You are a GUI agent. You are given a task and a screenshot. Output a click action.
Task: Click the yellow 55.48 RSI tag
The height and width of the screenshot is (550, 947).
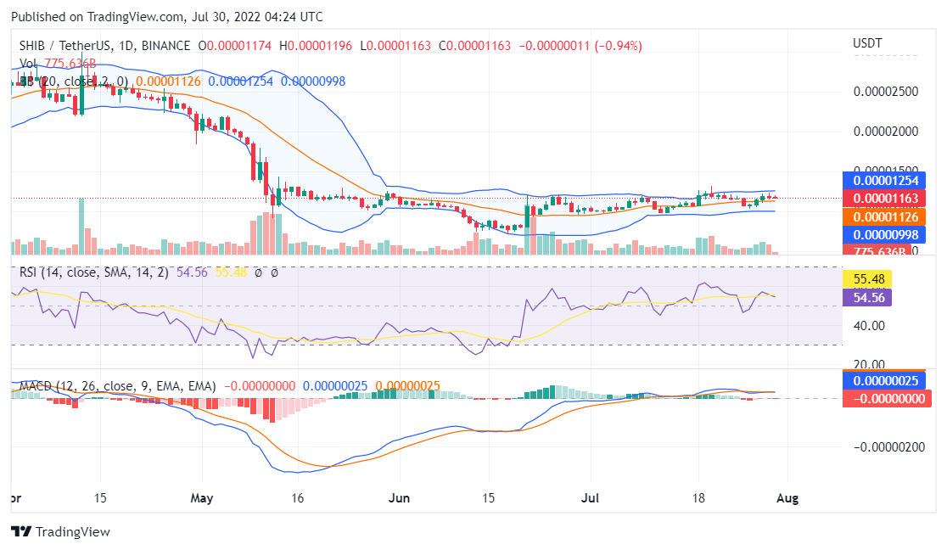[866, 278]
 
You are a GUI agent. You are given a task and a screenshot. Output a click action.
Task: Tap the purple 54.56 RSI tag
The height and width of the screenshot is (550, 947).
[866, 297]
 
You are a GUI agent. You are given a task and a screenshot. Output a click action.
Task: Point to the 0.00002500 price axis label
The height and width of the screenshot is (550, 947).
[886, 91]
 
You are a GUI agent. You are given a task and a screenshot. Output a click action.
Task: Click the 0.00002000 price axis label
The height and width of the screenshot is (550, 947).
[886, 132]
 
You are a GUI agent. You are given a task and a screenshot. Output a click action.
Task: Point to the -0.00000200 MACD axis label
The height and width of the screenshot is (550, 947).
[888, 447]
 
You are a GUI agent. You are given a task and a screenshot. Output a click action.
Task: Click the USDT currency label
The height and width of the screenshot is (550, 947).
[867, 43]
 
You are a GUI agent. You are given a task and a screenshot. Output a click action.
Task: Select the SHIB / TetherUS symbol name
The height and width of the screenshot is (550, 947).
[63, 46]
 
